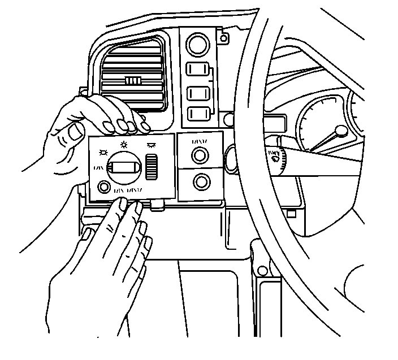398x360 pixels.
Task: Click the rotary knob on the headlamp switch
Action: pos(126,167)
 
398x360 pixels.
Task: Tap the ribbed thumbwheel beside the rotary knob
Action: pos(151,168)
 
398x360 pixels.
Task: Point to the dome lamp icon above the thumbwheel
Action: pos(151,145)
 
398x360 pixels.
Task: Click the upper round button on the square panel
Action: pos(199,155)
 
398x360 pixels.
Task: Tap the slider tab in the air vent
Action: pos(133,81)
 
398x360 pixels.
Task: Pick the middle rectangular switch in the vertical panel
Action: pos(198,92)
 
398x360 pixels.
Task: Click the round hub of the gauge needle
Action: pos(340,132)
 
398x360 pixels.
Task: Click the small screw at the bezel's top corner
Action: pos(224,39)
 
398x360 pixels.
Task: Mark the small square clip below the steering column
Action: pos(291,214)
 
